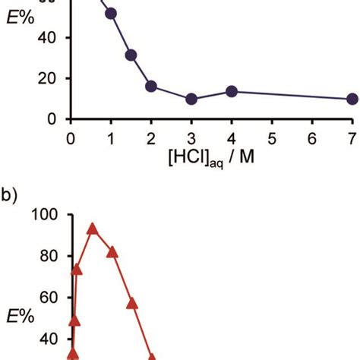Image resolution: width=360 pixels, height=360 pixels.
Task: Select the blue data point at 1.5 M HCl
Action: coord(131,55)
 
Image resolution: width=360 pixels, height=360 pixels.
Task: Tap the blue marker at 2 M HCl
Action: coord(151,87)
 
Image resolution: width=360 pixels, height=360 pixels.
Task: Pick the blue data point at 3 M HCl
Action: coord(191,99)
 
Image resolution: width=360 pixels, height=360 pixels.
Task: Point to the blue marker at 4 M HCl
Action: coord(232,91)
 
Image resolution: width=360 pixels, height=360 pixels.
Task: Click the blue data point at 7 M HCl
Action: coord(352,99)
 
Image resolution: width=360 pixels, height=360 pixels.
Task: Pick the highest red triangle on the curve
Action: coord(93,229)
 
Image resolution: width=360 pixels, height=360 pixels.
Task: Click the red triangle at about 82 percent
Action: coord(112,252)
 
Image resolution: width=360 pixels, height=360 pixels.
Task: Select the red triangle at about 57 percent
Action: coord(132,303)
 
